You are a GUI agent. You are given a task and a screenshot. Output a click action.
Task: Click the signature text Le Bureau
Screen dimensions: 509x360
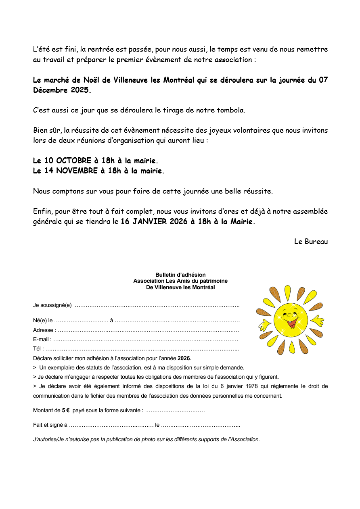[x=311, y=242]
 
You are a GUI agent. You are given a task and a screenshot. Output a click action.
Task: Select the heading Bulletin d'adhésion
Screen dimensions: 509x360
[x=180, y=275]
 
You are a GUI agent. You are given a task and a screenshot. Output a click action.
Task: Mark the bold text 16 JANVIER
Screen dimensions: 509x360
[x=144, y=221]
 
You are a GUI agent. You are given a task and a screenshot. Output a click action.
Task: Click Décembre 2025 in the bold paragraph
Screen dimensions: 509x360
[x=61, y=90]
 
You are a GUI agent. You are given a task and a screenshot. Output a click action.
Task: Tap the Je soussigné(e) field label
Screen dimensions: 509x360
[x=52, y=305]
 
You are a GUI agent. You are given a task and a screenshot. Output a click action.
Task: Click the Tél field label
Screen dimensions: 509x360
[x=38, y=349]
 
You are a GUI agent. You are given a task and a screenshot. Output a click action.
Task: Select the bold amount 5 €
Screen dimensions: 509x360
[x=66, y=411]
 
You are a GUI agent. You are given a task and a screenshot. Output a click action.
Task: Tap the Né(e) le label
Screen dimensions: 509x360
[x=43, y=321]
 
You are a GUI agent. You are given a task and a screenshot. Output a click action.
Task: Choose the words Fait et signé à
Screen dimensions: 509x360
[x=50, y=425]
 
